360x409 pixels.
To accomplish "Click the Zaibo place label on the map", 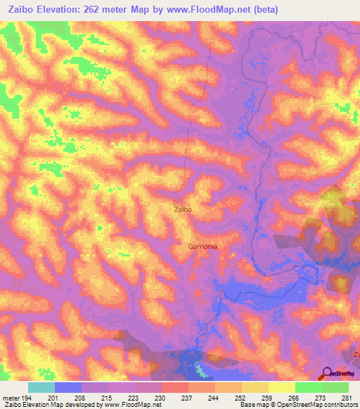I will [183, 209].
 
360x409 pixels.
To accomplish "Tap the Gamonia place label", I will [202, 247].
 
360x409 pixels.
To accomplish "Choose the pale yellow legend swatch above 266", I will [281, 387].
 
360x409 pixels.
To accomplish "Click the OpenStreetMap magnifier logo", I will [326, 373].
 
